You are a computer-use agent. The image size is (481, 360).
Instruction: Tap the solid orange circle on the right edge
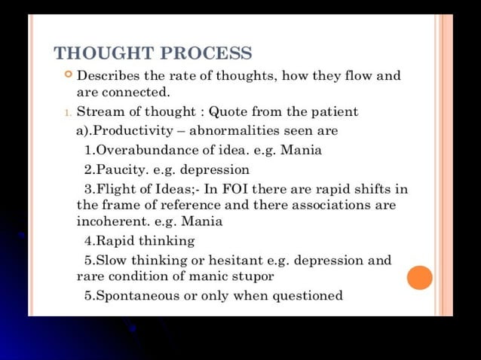(x=420, y=277)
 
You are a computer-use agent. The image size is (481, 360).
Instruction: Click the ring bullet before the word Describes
(x=68, y=75)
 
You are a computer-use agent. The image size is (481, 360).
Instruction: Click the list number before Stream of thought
(x=67, y=113)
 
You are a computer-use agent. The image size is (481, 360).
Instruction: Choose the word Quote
(x=230, y=112)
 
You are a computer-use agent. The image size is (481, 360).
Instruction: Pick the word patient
(x=334, y=112)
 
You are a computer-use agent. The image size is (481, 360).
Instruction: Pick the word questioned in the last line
(x=308, y=294)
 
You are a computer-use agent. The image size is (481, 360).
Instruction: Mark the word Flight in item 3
(x=118, y=188)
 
